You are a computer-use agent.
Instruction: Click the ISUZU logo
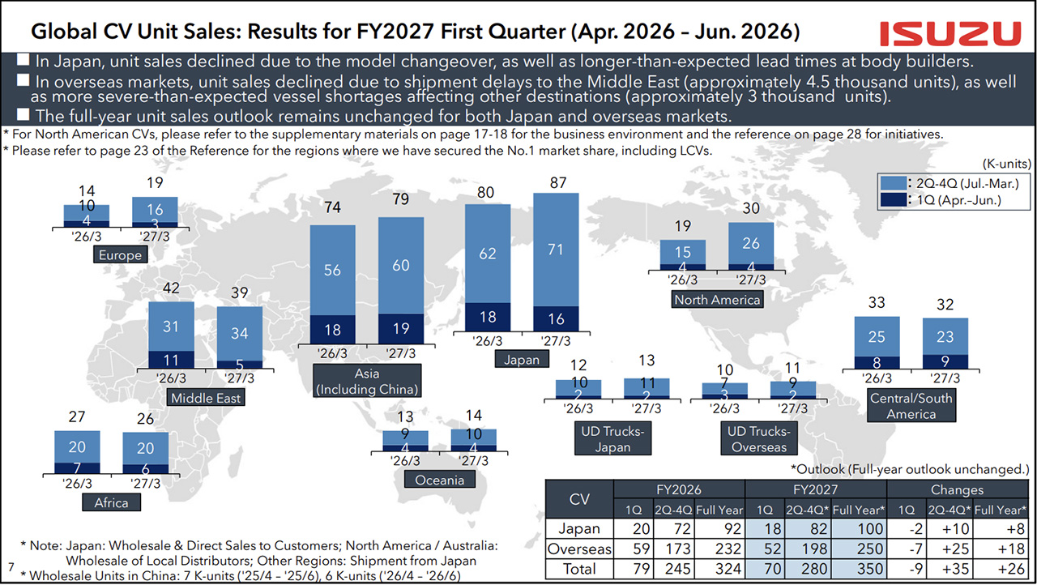coord(950,34)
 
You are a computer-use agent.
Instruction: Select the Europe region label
coord(121,254)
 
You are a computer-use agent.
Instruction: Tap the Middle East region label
coord(206,398)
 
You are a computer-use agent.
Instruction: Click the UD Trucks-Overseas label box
coord(759,438)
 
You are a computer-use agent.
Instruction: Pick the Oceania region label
coord(439,480)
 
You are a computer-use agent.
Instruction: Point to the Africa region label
coord(111,502)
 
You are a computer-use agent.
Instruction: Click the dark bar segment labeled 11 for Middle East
coord(171,360)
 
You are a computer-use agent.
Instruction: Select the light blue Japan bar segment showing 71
coord(556,250)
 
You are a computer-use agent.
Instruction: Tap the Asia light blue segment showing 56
coord(332,271)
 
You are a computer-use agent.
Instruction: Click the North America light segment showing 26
coord(751,243)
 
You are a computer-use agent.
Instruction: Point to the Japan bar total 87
coord(558,183)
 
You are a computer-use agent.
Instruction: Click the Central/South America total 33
coord(877,303)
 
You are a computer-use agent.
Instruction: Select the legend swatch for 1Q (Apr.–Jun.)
coord(893,200)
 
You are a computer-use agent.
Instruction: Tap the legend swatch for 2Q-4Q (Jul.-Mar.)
coord(893,183)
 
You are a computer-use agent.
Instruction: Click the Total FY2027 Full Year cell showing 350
coord(860,568)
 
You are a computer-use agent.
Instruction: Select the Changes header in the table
coord(957,489)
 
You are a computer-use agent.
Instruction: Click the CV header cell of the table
coord(579,499)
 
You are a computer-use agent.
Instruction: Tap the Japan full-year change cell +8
coord(1001,528)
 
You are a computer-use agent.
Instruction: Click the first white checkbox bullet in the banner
coord(23,60)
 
